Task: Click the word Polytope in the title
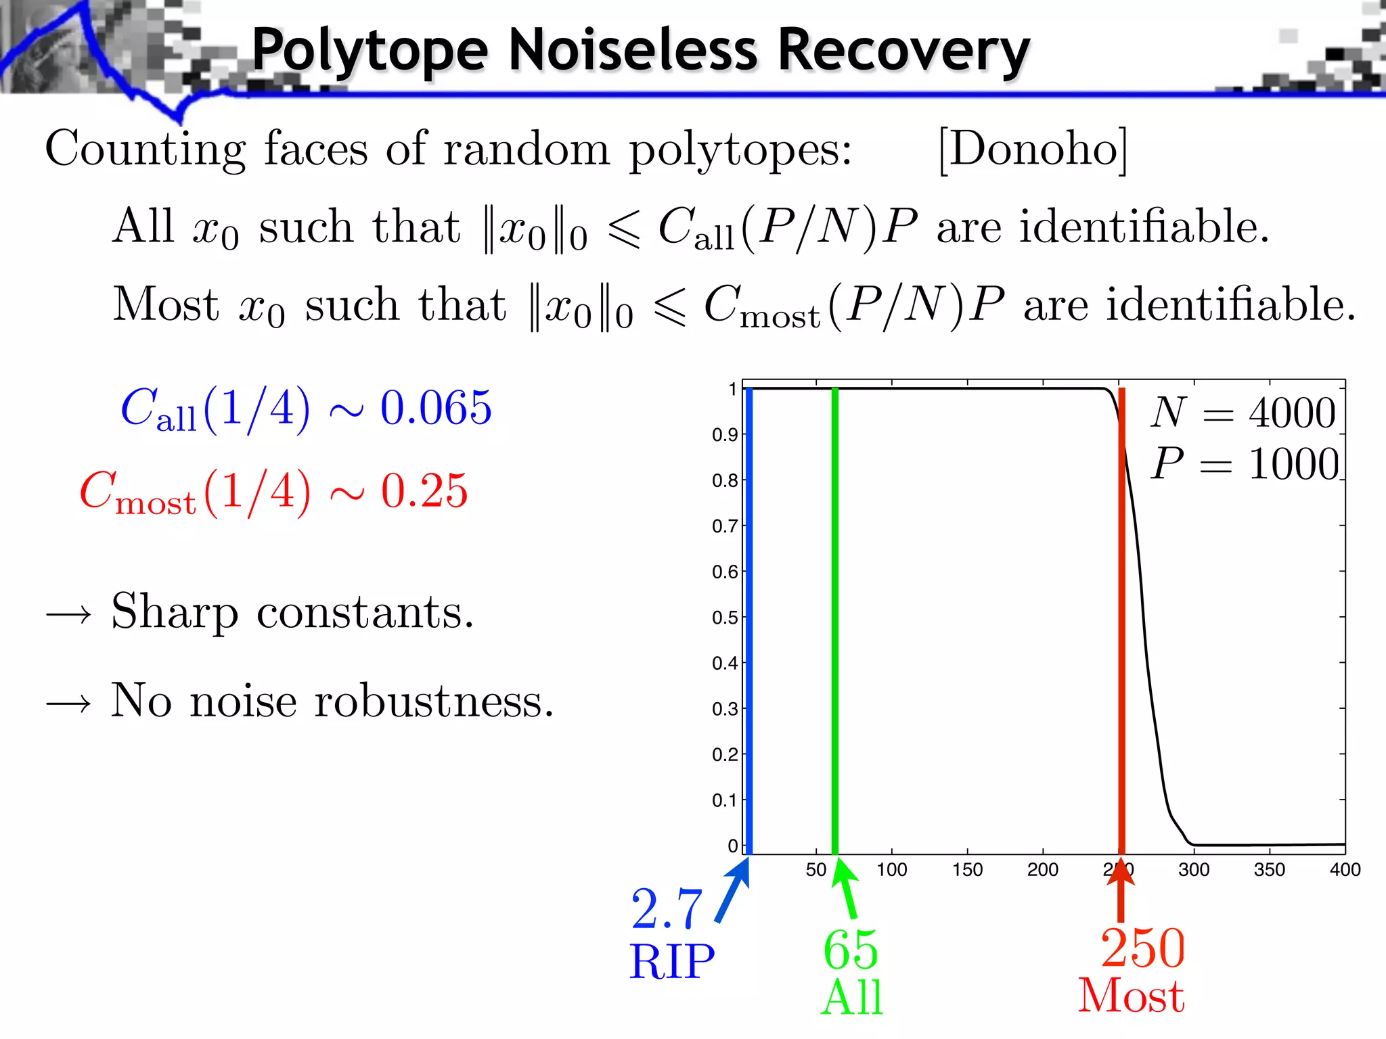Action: pyautogui.click(x=370, y=51)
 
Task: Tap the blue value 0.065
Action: pyautogui.click(x=436, y=408)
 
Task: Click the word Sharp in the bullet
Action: pyautogui.click(x=175, y=611)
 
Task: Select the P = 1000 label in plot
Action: pyautogui.click(x=1245, y=465)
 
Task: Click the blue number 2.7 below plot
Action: pyautogui.click(x=667, y=909)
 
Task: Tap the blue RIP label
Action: pyautogui.click(x=671, y=961)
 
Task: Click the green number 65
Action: pyautogui.click(x=851, y=950)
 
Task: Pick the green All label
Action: pyautogui.click(x=852, y=998)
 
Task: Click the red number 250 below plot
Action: pyautogui.click(x=1142, y=948)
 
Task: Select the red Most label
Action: pyautogui.click(x=1131, y=996)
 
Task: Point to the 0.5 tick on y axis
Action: pyautogui.click(x=724, y=618)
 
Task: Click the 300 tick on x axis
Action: pyautogui.click(x=1194, y=870)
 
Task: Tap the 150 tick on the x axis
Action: pyautogui.click(x=967, y=870)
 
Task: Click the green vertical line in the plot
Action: pyautogui.click(x=835, y=609)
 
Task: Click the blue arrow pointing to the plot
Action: pyautogui.click(x=732, y=892)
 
